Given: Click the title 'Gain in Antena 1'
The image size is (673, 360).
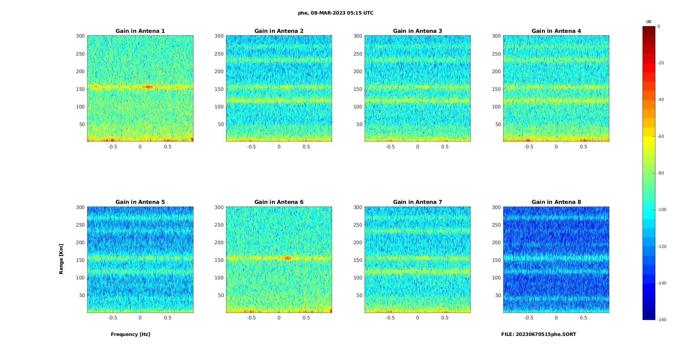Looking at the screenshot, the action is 140,31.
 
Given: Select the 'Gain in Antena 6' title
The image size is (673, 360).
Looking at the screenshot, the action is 279,202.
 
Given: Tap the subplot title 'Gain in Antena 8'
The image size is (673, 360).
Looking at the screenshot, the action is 556,202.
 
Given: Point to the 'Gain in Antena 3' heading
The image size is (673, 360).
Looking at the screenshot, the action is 417,31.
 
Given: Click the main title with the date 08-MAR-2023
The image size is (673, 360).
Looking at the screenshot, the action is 335,13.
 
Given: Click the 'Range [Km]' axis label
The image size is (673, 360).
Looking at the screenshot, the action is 61,259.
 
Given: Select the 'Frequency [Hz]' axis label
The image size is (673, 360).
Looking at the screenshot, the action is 130,334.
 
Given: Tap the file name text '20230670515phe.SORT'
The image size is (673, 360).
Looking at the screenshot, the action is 546,334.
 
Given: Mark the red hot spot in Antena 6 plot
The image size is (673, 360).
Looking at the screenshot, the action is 287,258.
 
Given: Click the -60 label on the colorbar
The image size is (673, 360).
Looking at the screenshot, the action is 661,136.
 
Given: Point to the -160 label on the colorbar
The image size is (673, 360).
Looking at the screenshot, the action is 662,320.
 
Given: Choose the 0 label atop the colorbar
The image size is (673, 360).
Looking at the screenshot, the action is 659,26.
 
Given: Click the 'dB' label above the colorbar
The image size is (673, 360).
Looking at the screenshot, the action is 649,22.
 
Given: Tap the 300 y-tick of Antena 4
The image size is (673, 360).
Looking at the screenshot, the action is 496,36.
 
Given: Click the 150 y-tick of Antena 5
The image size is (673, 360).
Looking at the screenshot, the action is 80,260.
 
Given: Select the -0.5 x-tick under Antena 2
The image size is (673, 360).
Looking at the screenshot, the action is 251,147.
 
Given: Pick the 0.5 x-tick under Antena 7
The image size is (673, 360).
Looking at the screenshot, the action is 445,318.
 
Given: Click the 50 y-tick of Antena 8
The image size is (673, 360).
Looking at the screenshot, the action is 498,295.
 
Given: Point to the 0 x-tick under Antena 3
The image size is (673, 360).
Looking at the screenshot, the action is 417,147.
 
